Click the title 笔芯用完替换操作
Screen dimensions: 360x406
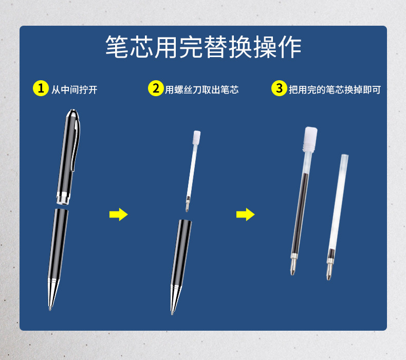click(x=203, y=48)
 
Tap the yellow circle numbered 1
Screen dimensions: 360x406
click(x=41, y=88)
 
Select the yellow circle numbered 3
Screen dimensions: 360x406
click(x=279, y=88)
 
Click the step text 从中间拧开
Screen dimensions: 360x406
click(x=75, y=89)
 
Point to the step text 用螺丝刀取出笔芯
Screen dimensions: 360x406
click(x=201, y=89)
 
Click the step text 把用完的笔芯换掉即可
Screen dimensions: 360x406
click(x=335, y=89)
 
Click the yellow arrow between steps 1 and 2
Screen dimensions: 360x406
click(x=118, y=214)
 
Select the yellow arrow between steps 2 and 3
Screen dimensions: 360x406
click(x=245, y=214)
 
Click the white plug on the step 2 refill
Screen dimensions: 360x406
click(x=195, y=138)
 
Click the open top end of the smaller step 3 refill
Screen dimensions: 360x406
click(x=344, y=156)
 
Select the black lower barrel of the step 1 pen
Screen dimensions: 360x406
click(x=58, y=242)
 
